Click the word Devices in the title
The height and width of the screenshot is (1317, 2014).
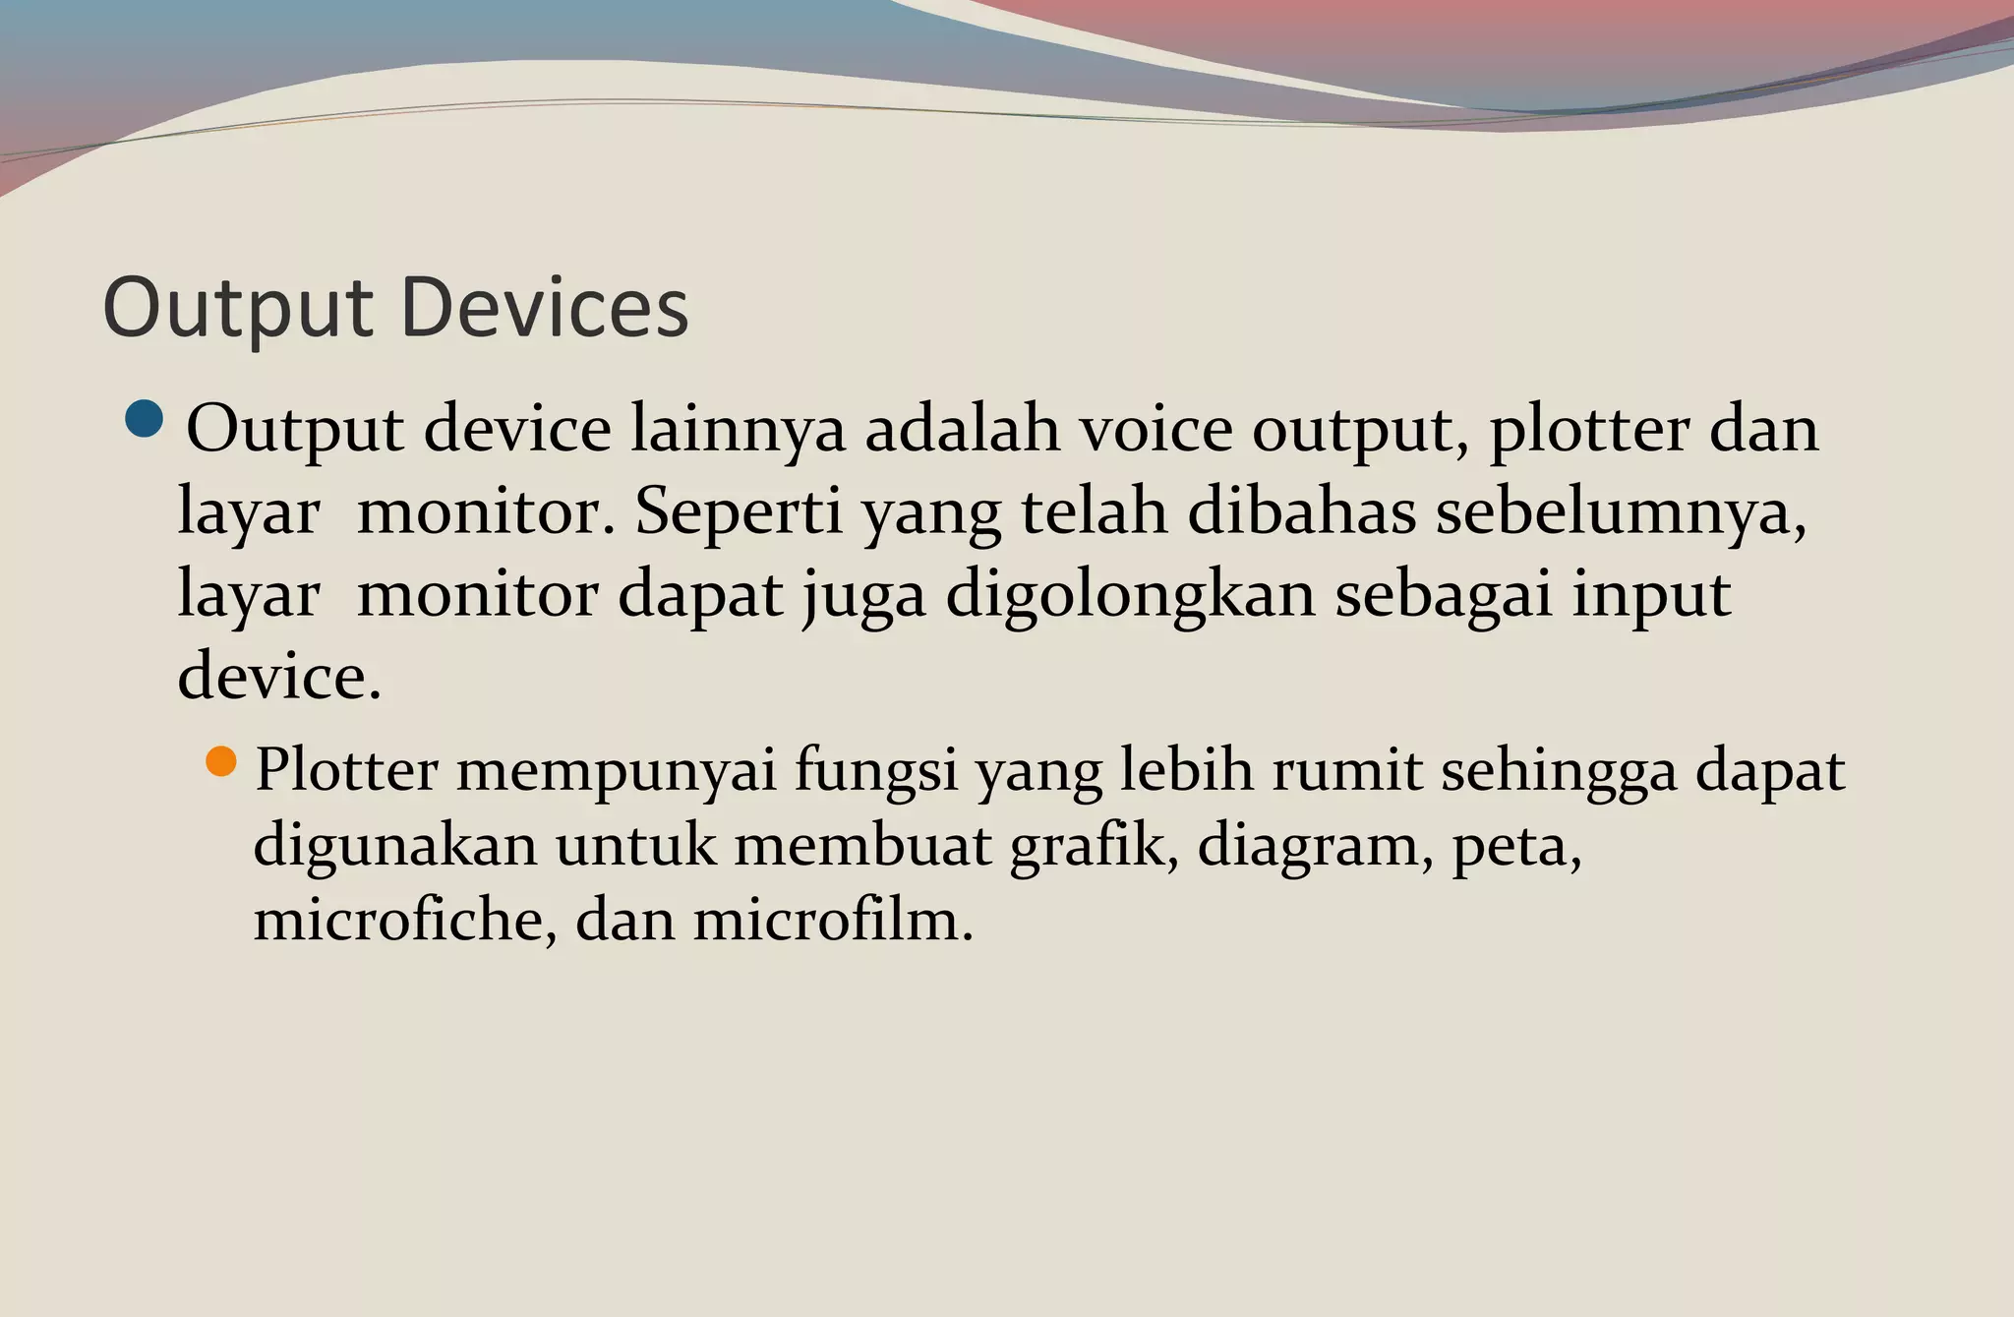(x=545, y=308)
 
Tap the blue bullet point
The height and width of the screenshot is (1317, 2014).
(x=145, y=419)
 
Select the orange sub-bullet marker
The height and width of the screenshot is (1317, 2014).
(x=222, y=761)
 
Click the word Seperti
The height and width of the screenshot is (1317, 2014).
(x=739, y=513)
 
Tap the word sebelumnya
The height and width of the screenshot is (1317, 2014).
(x=1620, y=513)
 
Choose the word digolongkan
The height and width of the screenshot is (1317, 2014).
(x=1130, y=596)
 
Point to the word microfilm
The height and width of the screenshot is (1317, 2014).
(x=832, y=920)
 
